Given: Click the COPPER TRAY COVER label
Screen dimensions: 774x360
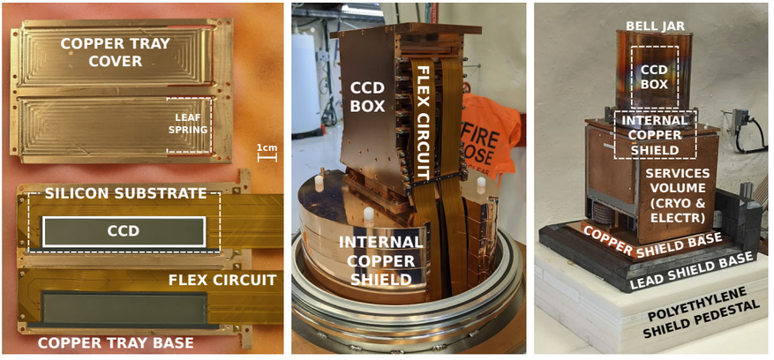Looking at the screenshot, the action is [122, 52].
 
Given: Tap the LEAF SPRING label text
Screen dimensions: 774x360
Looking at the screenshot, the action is [190, 123].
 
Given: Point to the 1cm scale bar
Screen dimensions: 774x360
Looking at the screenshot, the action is [267, 158].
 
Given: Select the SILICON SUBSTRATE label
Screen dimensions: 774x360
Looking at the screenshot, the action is [125, 193].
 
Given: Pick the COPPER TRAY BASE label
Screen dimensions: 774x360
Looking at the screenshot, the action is [116, 342].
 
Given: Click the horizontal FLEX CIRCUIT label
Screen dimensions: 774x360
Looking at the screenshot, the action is [222, 280].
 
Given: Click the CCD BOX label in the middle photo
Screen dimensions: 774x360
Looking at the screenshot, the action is [368, 97].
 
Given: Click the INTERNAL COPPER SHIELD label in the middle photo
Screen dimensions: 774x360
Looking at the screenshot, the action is [381, 261].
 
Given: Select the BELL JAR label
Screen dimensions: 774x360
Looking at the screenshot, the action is [655, 26].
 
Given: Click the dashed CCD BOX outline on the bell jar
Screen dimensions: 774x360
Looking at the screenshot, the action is [632, 78].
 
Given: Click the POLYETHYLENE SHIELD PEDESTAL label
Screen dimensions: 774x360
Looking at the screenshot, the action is [703, 313].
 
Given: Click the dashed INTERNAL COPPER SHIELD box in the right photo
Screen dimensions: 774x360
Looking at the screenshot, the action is [614, 134].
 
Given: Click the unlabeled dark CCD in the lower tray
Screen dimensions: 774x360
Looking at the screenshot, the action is [124, 309].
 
